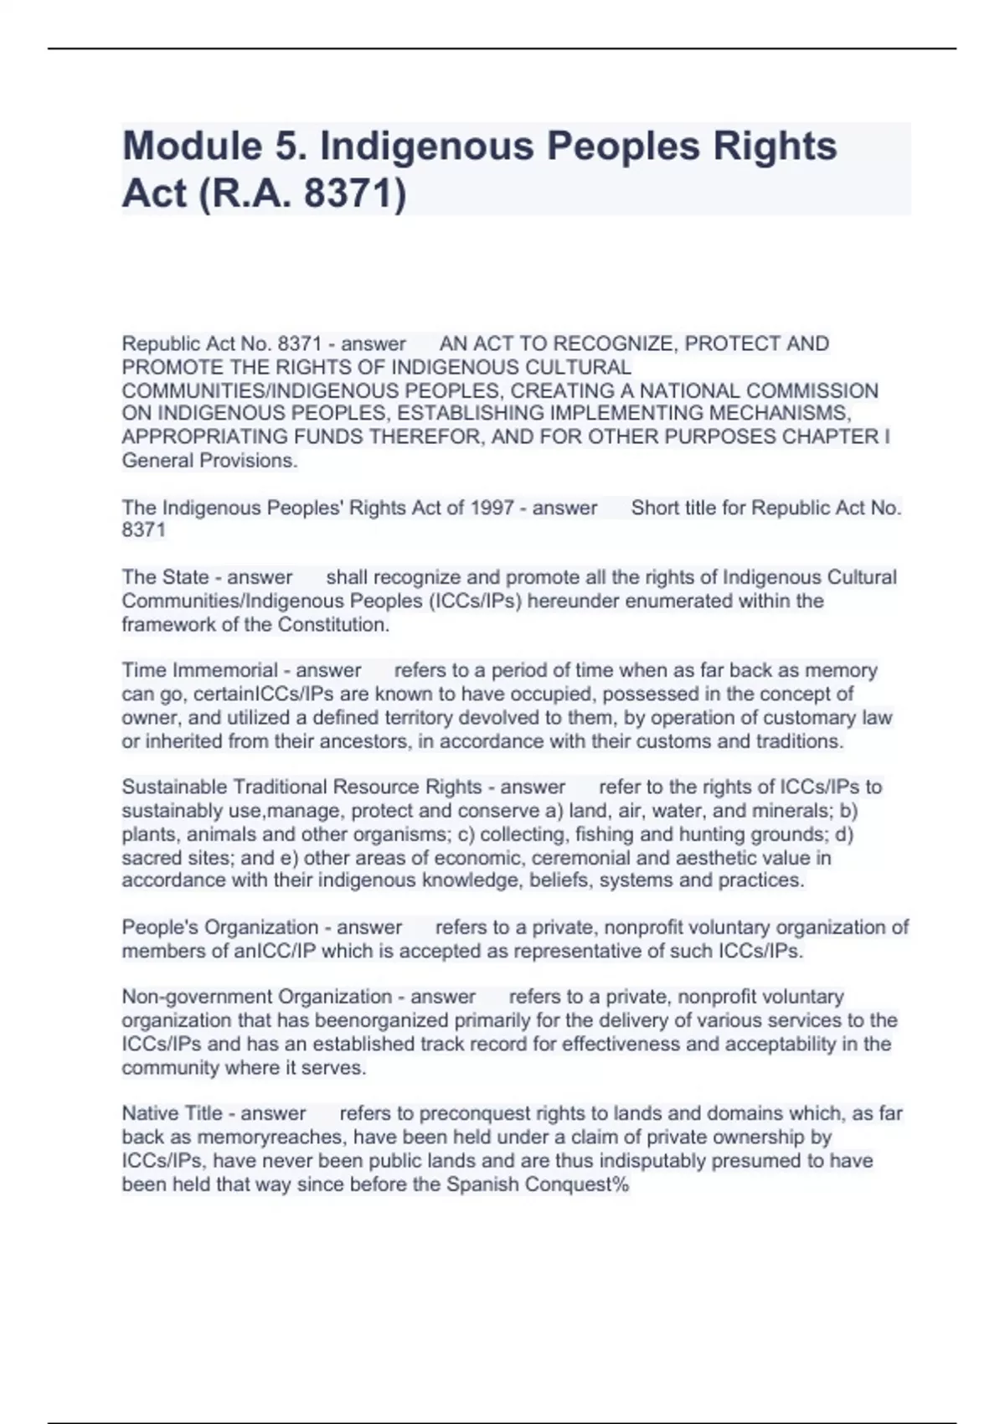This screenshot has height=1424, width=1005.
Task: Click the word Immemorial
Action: [225, 671]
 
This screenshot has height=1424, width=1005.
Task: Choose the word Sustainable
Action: [175, 787]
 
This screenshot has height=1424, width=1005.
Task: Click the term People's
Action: [162, 928]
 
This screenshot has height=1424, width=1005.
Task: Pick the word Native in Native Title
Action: [148, 1114]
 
